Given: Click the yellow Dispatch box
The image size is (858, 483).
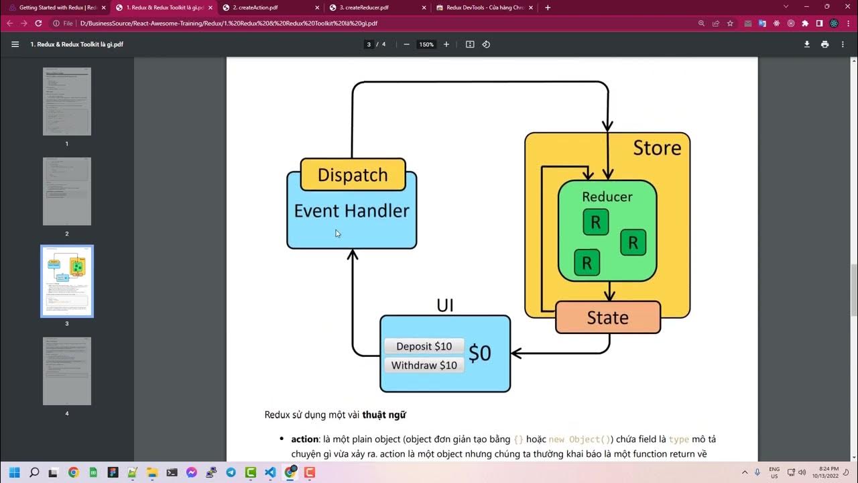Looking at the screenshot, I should coord(353,175).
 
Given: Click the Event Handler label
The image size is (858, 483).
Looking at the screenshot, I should coord(351,211).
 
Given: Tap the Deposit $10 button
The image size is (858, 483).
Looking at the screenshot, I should coord(424,346).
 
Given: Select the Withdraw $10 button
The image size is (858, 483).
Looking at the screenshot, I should coord(424,365).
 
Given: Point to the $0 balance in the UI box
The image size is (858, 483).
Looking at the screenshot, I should coord(480,354).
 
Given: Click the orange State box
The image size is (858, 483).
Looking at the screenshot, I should coord(607,317).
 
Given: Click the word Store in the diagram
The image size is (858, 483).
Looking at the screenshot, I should coord(657,148).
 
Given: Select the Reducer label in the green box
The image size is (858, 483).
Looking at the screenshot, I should coord(607,197).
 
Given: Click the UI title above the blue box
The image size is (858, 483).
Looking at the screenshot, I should coord(445,306).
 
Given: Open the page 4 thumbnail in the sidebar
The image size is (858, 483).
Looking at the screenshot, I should coord(67,371).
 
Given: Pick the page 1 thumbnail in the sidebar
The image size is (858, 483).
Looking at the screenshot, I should coord(67,101).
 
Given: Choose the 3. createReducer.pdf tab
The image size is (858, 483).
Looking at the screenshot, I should coord(375,7).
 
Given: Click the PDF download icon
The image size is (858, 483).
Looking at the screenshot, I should coord(807,44).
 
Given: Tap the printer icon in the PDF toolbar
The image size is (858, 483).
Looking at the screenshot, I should coord(824,44).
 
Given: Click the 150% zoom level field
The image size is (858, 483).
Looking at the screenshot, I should coord(426,44).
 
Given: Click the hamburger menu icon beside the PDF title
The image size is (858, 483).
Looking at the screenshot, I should coord(15,44).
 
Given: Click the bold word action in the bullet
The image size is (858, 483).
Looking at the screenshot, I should coord(304,439).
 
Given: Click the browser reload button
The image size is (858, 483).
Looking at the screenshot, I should coord(38,23).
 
